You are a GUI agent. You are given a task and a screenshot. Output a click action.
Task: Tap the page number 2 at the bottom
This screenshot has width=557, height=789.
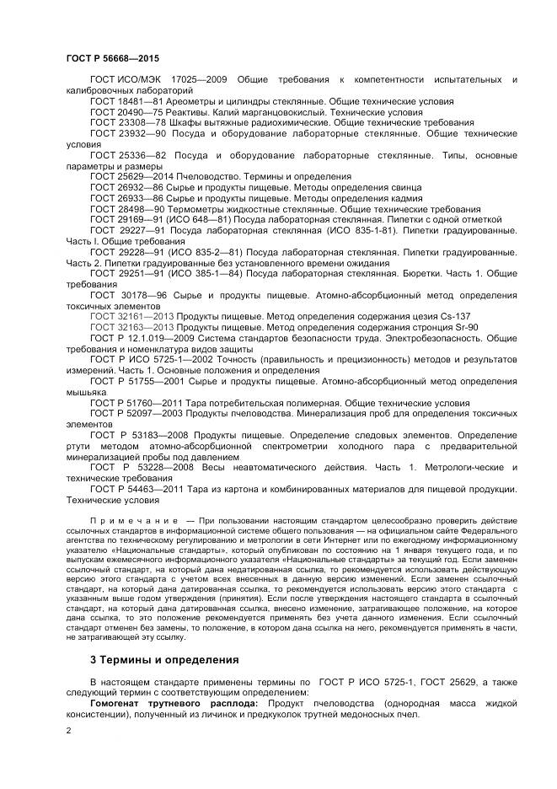[68, 730]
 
